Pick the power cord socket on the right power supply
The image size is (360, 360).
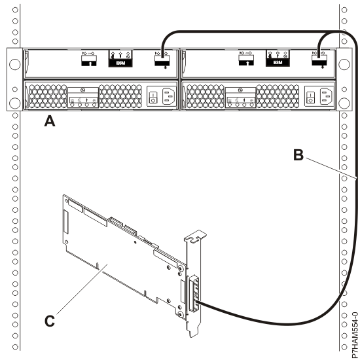324,97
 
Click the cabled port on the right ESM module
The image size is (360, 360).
320,61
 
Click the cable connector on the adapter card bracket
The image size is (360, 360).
192,295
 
